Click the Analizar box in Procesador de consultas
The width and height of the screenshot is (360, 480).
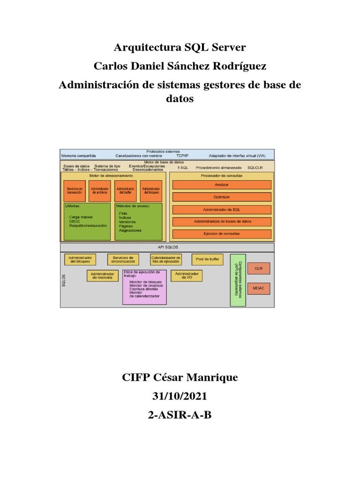(222, 185)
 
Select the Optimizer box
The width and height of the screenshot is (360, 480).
(222, 197)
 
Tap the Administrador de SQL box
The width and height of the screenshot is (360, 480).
(222, 210)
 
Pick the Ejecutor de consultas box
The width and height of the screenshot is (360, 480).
(222, 233)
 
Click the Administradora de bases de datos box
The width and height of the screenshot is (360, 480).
(222, 221)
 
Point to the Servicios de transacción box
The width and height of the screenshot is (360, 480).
(75, 191)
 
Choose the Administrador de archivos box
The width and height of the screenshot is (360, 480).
(100, 191)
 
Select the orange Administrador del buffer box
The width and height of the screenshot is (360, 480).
(126, 191)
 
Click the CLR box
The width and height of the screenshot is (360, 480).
(259, 269)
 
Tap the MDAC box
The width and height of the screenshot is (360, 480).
(259, 288)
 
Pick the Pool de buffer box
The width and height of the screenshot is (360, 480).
(207, 259)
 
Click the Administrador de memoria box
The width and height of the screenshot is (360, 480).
(102, 276)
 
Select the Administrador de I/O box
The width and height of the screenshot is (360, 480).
(187, 276)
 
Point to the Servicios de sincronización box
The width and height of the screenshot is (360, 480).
(123, 259)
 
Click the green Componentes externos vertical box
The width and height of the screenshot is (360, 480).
(238, 280)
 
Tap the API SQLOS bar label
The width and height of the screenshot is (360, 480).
(167, 247)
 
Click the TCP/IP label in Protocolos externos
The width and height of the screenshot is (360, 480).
(182, 156)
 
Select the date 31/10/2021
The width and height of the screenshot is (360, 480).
(180, 397)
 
